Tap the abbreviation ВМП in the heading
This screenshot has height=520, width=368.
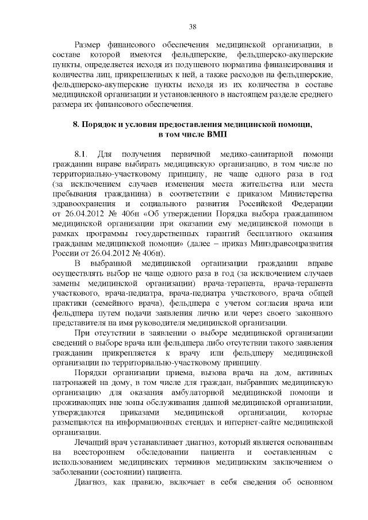point(218,134)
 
